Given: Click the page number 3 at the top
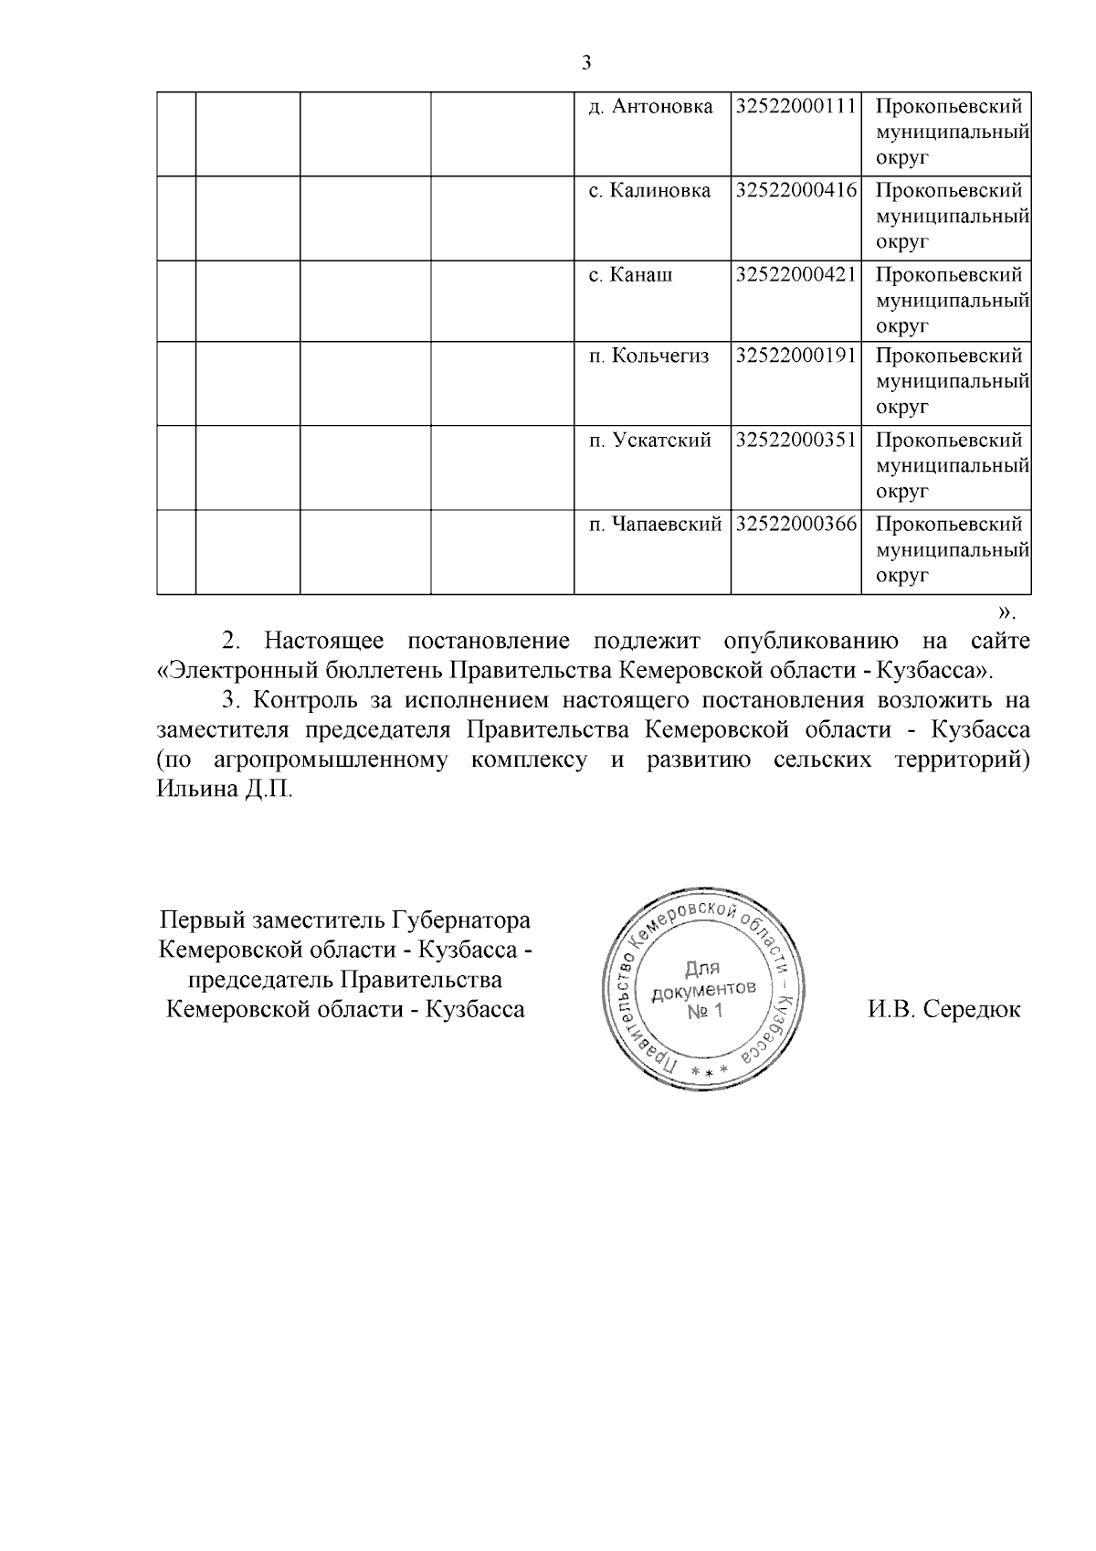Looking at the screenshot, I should point(586,63).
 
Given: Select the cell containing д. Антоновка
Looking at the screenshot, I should point(650,107).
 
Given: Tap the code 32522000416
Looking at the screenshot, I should point(796,191).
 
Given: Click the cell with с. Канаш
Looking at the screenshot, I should point(630,275).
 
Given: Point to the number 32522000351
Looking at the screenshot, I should point(796,440).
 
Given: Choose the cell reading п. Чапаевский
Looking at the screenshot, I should point(655,525).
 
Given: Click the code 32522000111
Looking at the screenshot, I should point(796,107).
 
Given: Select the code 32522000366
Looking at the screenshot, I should point(796,525).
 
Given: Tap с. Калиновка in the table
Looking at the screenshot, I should point(649,191).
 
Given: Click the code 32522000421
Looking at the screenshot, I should point(796,275).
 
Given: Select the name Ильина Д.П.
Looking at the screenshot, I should point(225,789).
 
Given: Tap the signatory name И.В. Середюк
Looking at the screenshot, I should point(944,1010).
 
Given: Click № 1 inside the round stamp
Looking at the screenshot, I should point(704,1012).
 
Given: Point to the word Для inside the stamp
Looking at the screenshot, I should point(702,968).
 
